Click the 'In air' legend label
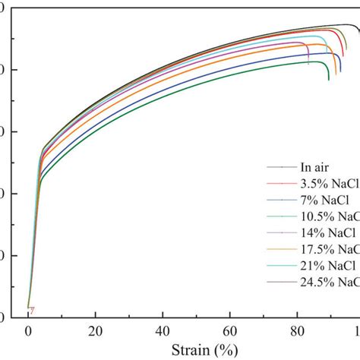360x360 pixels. point(315,167)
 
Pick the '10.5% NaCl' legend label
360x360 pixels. point(330,216)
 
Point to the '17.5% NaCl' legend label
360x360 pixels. point(330,250)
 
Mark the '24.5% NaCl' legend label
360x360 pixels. point(330,283)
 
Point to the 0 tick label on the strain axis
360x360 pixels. point(28,331)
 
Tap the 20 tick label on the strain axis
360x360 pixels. point(96,331)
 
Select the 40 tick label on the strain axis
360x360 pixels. point(163,331)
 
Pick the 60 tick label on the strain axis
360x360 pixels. point(231,331)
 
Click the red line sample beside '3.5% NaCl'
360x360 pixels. point(280,184)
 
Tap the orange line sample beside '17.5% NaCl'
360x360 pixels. point(280,250)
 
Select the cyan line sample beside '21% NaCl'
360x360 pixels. point(280,267)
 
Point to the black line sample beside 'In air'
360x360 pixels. point(280,167)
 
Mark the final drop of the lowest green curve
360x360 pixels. point(328,74)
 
